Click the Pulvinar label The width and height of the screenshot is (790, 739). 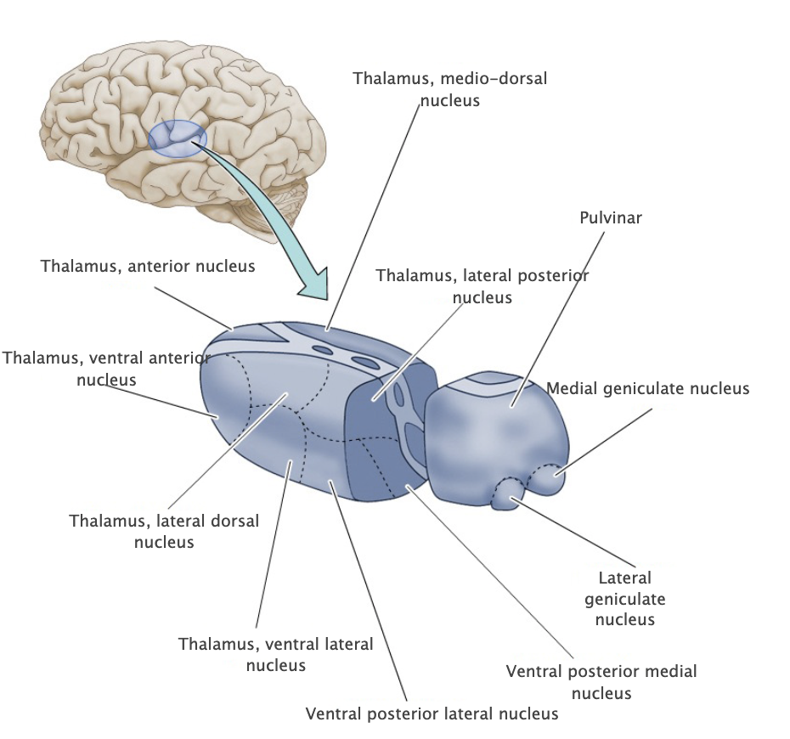click(x=610, y=217)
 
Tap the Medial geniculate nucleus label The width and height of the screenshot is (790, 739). click(x=648, y=388)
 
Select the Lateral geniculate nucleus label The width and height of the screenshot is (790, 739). click(x=625, y=598)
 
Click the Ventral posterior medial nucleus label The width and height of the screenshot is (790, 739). click(x=601, y=681)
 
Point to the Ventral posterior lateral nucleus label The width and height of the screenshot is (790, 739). click(x=432, y=713)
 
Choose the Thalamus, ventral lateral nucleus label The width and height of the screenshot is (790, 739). click(x=275, y=654)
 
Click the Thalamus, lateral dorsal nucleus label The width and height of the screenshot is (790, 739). click(x=164, y=530)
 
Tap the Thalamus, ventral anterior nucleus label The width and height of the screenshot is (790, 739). click(x=106, y=368)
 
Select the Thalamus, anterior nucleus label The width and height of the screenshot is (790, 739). click(x=148, y=266)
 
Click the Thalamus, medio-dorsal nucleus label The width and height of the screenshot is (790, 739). click(x=449, y=89)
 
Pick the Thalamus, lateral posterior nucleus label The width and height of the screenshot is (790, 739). click(x=482, y=286)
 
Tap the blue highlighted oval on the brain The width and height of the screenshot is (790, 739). click(x=177, y=138)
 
